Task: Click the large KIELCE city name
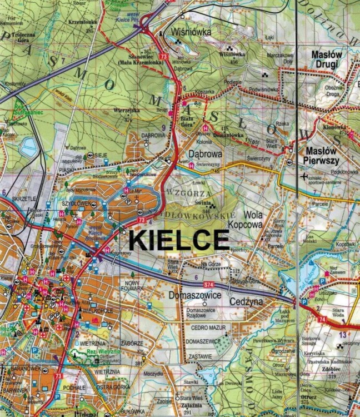coord(179,240)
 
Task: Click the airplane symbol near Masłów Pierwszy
coord(302,177)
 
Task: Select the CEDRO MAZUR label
coord(208,328)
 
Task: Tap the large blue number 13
coord(343,335)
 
